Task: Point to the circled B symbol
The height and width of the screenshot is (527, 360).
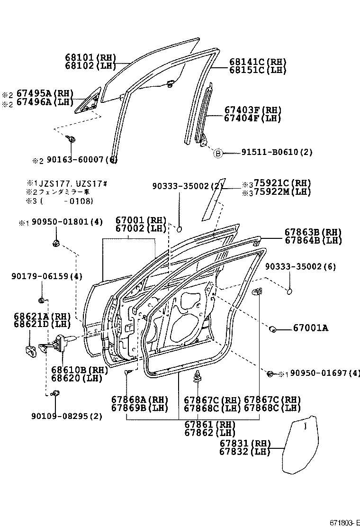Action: pos(217,153)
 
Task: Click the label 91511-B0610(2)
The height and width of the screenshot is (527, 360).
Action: pos(277,152)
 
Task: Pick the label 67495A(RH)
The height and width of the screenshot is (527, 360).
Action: pos(45,93)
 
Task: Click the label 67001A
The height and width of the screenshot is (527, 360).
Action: pos(310,328)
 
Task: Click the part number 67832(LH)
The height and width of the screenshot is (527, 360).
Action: pos(244,452)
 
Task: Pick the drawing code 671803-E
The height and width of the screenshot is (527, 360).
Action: pos(343,522)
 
